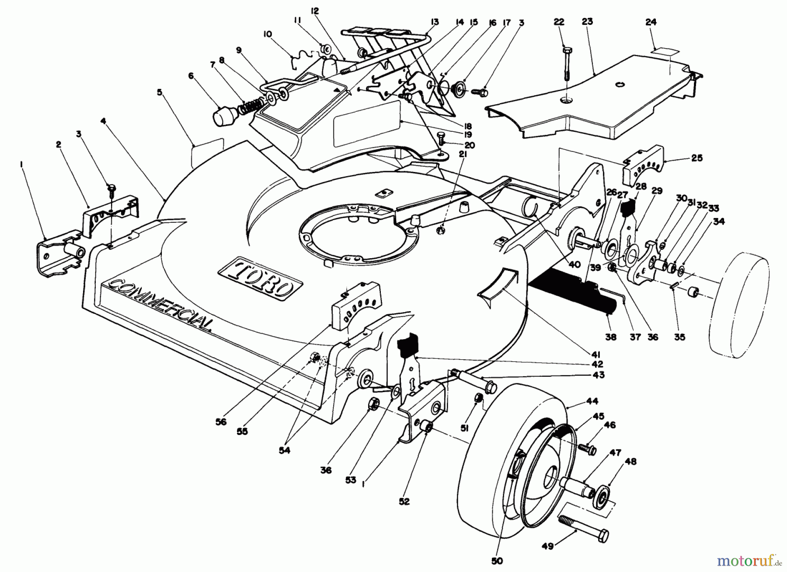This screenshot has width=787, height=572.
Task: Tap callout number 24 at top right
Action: pyautogui.click(x=651, y=22)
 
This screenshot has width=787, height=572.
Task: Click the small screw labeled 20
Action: pyautogui.click(x=441, y=139)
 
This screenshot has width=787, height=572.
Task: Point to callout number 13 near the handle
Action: pyautogui.click(x=434, y=22)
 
